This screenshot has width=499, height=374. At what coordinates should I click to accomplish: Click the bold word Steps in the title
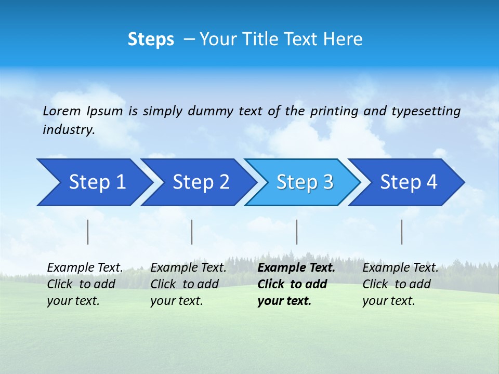tap(151, 39)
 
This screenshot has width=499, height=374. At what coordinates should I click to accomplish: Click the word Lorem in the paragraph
tap(62, 111)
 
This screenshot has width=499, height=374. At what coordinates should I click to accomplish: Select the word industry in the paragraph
tap(68, 130)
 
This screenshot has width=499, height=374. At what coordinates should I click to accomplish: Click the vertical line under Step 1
tap(88, 232)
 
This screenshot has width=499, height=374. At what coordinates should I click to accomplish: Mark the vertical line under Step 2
tap(192, 232)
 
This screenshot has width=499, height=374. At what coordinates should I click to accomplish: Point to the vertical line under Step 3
tap(296, 232)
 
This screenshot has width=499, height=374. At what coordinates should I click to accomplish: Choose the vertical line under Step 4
tap(401, 232)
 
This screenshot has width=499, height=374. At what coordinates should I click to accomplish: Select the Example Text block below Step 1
tap(85, 284)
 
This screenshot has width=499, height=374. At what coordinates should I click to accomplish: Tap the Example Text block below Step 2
tap(188, 284)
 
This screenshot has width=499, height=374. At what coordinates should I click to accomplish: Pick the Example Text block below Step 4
tap(400, 284)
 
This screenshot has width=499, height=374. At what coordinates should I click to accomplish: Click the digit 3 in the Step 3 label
tap(327, 182)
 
